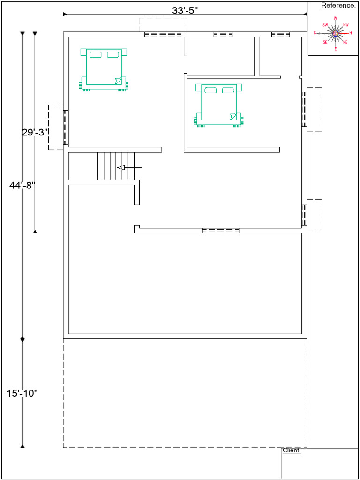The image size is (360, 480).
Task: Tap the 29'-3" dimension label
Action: coord(35,132)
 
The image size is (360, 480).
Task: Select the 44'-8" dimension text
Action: coord(22,185)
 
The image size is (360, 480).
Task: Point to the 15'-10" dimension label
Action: coord(22,393)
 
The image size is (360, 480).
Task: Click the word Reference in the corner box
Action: coord(337,6)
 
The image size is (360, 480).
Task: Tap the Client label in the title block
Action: coord(291,450)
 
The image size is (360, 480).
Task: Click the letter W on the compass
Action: coord(335,18)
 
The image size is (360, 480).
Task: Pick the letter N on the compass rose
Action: coord(350,33)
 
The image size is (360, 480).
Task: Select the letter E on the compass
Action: coord(335,49)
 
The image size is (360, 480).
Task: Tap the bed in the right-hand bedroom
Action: coord(218,105)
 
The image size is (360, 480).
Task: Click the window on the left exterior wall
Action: coord(66,127)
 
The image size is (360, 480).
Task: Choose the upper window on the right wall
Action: coord(304,109)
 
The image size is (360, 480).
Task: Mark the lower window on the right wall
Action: coord(304,215)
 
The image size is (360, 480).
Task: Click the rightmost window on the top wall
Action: coord(280,34)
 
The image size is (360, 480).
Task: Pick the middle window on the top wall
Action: coord(223,34)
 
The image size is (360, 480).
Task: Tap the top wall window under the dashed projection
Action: coord(163,34)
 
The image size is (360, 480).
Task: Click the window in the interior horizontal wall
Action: coord(220,231)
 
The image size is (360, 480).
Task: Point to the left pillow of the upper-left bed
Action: coord(95,55)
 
